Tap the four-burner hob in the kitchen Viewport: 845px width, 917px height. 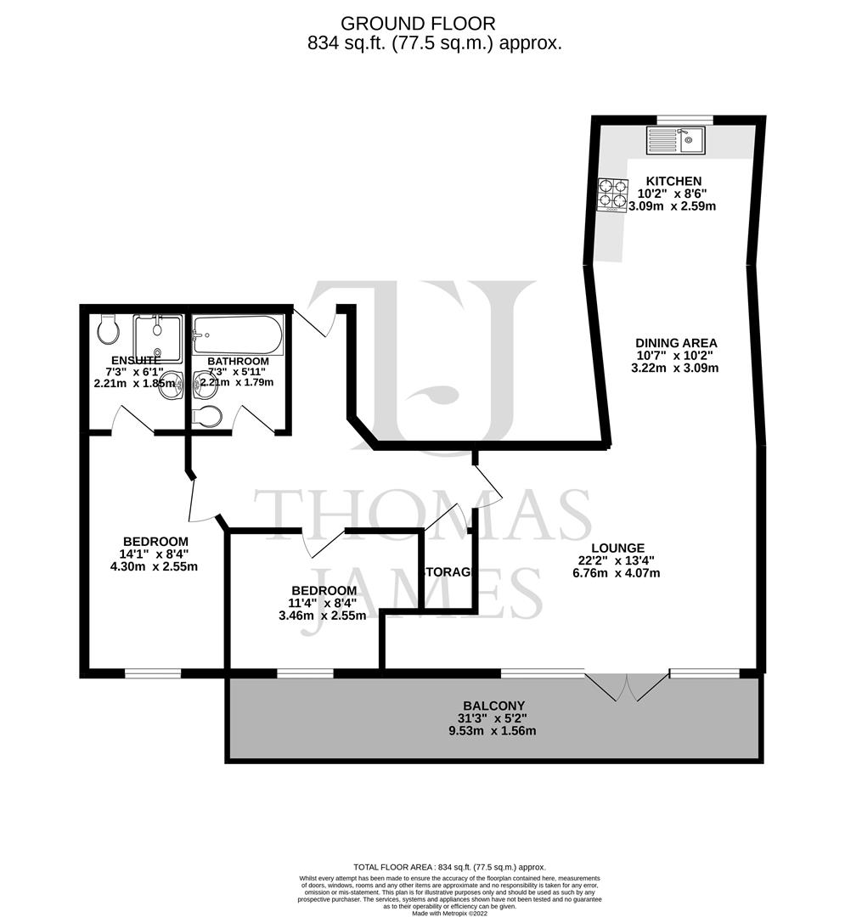(612, 194)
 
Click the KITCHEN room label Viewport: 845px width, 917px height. (673, 181)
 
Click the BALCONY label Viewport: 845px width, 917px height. (493, 706)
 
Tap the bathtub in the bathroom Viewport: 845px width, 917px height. (237, 335)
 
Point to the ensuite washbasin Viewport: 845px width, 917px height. (169, 381)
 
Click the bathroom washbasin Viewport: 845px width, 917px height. (204, 385)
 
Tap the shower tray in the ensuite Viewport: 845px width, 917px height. (157, 338)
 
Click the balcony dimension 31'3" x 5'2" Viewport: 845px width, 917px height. (493, 718)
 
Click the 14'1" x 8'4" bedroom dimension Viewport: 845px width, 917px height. (155, 554)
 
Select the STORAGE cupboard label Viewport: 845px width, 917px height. (447, 572)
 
